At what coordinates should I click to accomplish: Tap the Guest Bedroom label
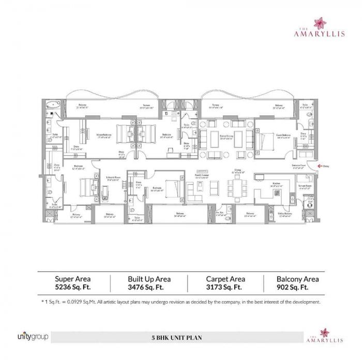[x=282, y=135]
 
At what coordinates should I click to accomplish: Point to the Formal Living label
[x=225, y=136]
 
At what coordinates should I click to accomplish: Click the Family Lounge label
[x=202, y=176]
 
